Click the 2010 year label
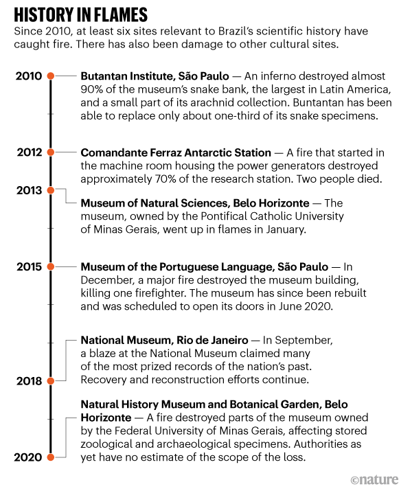click(29, 76)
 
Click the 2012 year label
click(29, 152)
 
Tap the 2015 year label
click(29, 266)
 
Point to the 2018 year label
click(29, 380)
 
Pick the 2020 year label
click(29, 457)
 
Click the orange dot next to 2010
click(50, 76)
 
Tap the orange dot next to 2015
click(50, 266)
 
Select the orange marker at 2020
click(50, 457)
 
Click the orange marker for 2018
click(50, 380)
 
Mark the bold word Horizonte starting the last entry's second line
click(105, 418)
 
